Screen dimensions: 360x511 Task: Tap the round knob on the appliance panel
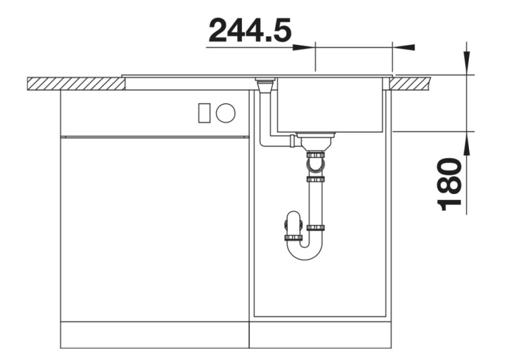pos(225,114)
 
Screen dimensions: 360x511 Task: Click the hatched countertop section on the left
pos(75,84)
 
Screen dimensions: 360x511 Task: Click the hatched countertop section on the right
pos(411,83)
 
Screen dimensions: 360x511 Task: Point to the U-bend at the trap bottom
pos(304,251)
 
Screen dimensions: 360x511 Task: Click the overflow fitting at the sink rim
pos(264,84)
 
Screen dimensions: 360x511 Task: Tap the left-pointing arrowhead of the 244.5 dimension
pos(404,47)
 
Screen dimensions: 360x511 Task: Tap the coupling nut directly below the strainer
pos(316,155)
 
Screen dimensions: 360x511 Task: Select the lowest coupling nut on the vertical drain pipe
pos(316,227)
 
